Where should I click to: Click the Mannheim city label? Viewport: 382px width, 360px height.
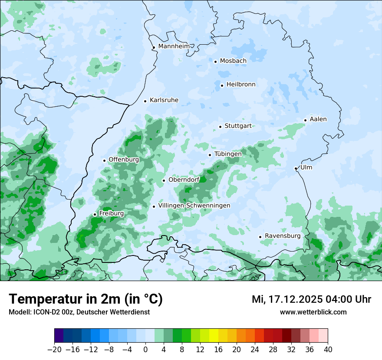tap(174, 46)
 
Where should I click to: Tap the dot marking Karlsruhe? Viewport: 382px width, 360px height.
tap(145, 101)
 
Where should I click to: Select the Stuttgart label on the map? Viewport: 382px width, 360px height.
tap(238, 126)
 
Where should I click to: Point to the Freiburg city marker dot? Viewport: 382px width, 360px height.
tap(95, 214)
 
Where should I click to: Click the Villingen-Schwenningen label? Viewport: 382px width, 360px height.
tap(194, 206)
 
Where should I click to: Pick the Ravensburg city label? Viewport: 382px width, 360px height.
tap(283, 236)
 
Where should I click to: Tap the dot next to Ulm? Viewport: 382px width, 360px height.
tap(296, 168)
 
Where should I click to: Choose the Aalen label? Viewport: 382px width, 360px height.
tap(318, 119)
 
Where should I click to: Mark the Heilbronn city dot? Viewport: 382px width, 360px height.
tap(222, 85)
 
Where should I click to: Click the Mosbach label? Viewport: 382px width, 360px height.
tap(233, 61)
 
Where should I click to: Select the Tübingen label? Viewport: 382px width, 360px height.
tap(228, 154)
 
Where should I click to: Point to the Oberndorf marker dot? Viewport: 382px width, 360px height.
tap(164, 180)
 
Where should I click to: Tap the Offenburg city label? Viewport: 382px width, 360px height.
tap(124, 160)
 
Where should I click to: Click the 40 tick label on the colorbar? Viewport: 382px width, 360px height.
tap(328, 350)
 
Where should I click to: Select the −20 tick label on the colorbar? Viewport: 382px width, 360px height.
tap(54, 350)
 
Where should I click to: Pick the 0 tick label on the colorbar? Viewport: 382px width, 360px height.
tap(145, 350)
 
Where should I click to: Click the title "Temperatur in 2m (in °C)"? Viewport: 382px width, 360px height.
tap(86, 299)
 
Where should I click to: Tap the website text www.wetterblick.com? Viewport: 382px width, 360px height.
tap(313, 312)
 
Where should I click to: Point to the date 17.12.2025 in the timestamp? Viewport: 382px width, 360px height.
tap(293, 299)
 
